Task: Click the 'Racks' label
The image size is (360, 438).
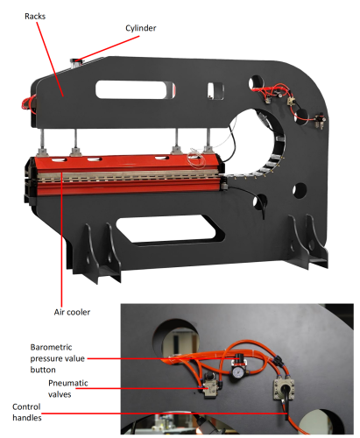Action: click(35, 16)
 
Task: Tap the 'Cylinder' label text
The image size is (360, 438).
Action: click(141, 28)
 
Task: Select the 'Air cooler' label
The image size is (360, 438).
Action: click(72, 312)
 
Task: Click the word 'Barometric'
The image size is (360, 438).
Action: click(51, 347)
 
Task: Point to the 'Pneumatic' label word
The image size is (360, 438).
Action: click(68, 383)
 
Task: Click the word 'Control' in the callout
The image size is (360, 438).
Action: click(26, 406)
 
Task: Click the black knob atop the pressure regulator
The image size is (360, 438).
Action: click(240, 357)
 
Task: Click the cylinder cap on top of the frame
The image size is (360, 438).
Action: click(76, 60)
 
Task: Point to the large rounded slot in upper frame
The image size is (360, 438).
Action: click(136, 89)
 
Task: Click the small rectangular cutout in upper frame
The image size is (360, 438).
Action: click(215, 90)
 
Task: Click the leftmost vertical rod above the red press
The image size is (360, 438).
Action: click(43, 138)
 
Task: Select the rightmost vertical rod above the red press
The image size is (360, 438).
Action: click(208, 138)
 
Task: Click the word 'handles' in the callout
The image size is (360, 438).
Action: click(27, 418)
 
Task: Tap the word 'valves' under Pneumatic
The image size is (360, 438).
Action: click(60, 394)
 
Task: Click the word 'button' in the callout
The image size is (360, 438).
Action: click(43, 370)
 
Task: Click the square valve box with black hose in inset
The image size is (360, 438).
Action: click(284, 390)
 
